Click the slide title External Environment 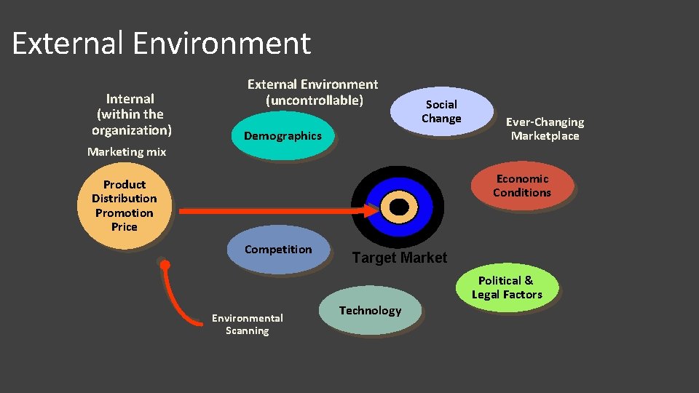pos(161,43)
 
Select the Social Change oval pos(441,111)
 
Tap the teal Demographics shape pos(283,136)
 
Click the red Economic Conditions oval pos(522,186)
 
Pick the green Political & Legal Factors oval pos(507,287)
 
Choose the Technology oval pos(370,311)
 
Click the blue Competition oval pos(278,250)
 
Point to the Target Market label pos(399,258)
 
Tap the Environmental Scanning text pos(247,324)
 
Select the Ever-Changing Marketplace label pos(545,129)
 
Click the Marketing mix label pos(127,152)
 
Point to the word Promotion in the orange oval pos(125,213)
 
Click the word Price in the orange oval pos(125,226)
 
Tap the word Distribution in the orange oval pos(125,199)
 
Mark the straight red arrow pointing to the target pos(277,211)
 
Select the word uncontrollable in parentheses pos(314,100)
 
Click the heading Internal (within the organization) pos(131,114)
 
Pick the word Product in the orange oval pos(125,185)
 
